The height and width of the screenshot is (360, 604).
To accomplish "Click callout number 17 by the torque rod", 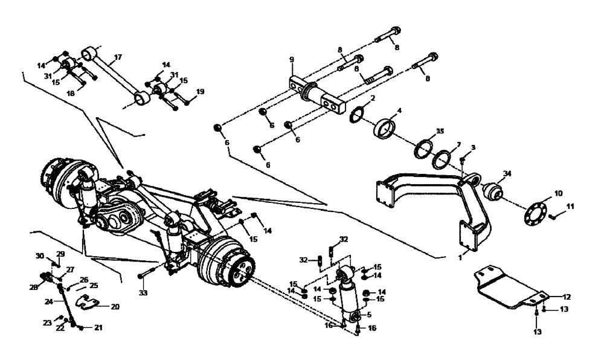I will coord(118,57).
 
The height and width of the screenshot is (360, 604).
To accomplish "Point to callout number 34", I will coord(507,175).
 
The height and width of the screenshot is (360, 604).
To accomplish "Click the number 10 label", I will coord(558,194).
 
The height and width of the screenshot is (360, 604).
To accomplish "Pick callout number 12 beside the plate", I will coord(567,297).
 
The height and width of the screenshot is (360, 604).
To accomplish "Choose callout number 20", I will coord(115,306).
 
